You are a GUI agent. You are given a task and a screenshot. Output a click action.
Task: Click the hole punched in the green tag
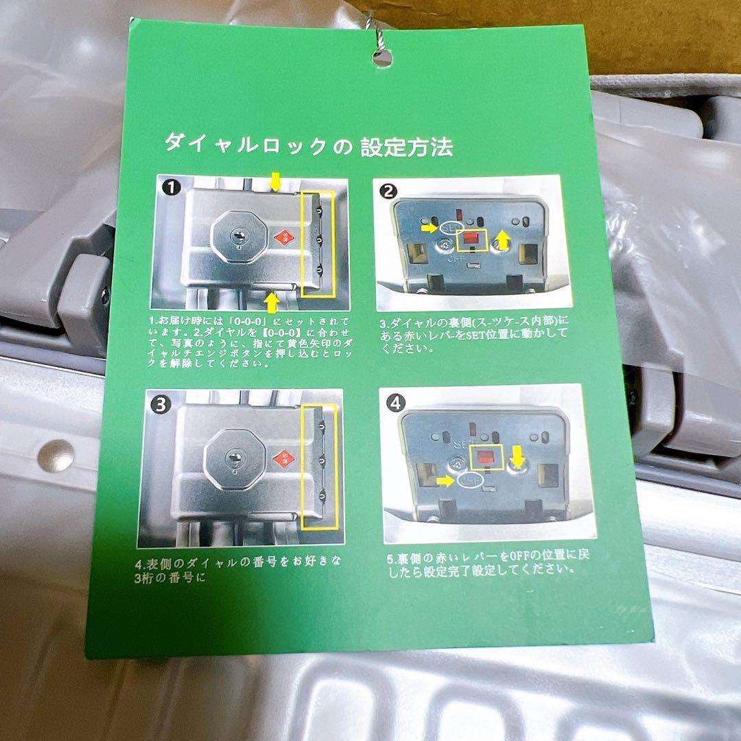[382, 58]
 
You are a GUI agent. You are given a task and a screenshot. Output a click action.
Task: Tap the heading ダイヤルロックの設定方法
[307, 144]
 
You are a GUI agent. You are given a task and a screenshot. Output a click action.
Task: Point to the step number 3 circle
[160, 404]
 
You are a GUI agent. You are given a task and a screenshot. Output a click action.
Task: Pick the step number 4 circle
[395, 403]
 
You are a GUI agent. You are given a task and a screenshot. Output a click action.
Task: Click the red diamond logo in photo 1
[281, 238]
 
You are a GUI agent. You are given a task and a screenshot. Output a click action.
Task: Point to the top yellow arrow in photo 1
[276, 182]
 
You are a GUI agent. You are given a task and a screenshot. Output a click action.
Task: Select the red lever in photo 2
[471, 239]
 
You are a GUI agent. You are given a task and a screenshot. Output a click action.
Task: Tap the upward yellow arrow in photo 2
[503, 239]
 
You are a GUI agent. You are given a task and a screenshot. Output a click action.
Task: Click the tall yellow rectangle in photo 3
[319, 467]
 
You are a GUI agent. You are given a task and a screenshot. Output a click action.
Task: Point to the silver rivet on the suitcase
[56, 455]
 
